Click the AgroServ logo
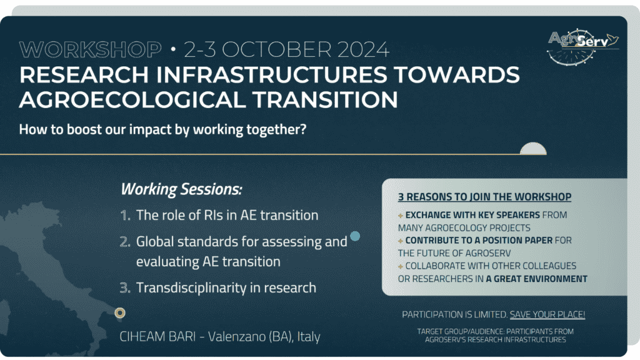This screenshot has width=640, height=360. click(x=583, y=46)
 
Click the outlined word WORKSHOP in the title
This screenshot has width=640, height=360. click(x=90, y=50)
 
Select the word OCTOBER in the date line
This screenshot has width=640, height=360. click(x=276, y=50)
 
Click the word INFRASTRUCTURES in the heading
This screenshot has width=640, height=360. click(x=271, y=75)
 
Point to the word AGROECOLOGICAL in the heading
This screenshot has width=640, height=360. click(x=132, y=99)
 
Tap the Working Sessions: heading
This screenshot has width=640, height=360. click(x=181, y=189)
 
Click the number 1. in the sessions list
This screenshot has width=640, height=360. click(x=125, y=215)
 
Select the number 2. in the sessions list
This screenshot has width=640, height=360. click(x=125, y=242)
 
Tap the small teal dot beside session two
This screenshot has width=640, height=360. click(x=355, y=236)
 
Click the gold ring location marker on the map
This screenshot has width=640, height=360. click(x=119, y=312)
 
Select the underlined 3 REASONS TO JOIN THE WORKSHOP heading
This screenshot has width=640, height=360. click(x=484, y=197)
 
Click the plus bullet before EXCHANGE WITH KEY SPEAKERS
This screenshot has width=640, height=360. click(x=401, y=216)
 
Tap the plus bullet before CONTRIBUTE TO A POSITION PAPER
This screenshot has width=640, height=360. click(x=401, y=241)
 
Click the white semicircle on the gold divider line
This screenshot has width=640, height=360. click(x=533, y=149)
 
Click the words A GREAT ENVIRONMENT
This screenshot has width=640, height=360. click(x=536, y=279)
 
